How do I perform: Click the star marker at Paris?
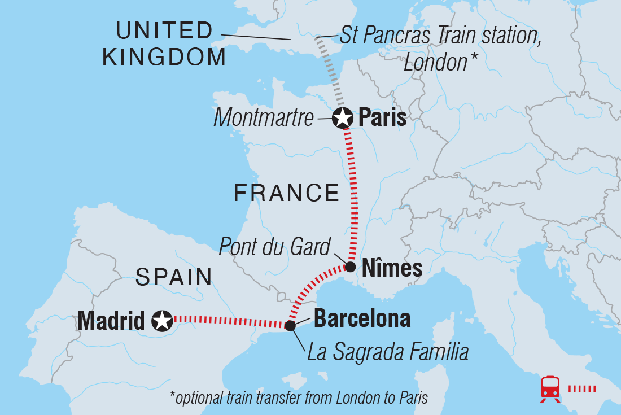tap(342, 119)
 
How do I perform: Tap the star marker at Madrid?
tap(163, 321)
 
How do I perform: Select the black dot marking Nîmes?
tap(350, 267)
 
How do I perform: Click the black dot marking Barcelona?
tap(290, 326)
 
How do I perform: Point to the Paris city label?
tap(382, 119)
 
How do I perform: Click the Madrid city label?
tap(111, 321)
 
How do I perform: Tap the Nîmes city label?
tap(392, 268)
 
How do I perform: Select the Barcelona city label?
tap(362, 319)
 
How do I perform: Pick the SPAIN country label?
tap(173, 277)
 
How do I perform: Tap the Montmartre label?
tap(264, 119)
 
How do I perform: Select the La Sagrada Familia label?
tap(388, 353)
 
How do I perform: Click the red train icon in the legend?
tap(550, 389)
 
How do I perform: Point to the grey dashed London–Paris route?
tap(331, 71)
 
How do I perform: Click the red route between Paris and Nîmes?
tap(354, 192)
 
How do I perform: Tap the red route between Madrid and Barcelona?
tap(229, 322)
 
